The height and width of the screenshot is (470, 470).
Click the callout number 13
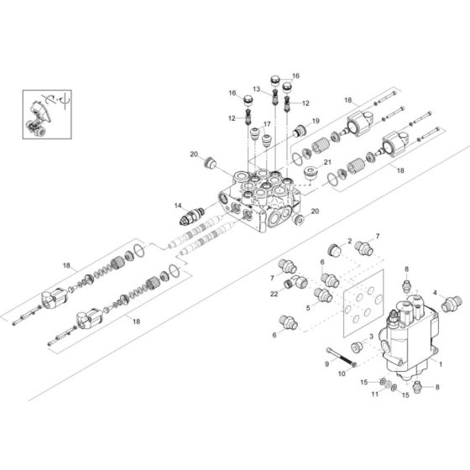point(257,89)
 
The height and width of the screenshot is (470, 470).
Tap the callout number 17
point(266,124)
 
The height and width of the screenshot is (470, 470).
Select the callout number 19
point(316,121)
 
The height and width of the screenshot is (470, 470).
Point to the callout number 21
point(329,163)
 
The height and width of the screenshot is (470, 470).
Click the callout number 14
point(177,205)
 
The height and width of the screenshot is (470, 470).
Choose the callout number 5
point(308,308)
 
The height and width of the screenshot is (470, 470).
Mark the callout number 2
point(348,241)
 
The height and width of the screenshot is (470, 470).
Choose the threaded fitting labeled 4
point(451,300)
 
